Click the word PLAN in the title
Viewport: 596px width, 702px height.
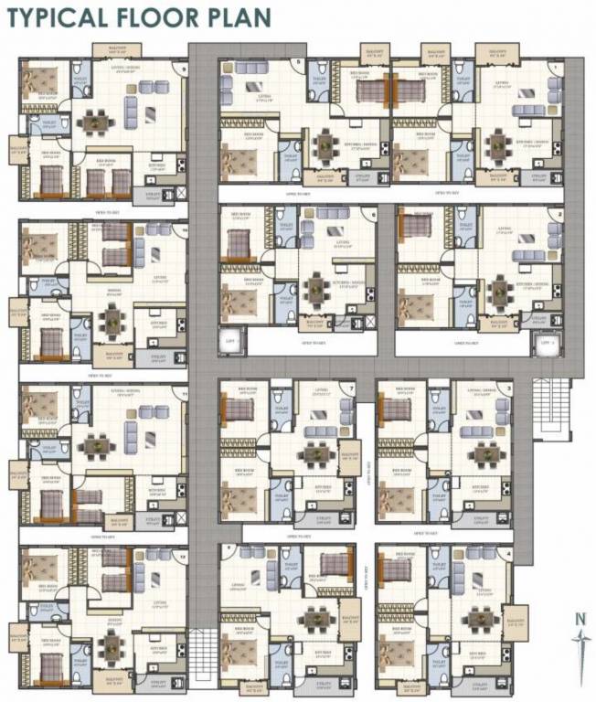pyautogui.click(x=240, y=18)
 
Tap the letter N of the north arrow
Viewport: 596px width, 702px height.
pyautogui.click(x=580, y=618)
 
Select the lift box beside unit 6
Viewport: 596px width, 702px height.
pyautogui.click(x=229, y=343)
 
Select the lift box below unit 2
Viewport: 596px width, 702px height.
pyautogui.click(x=548, y=344)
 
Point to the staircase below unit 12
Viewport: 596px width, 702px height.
pyautogui.click(x=203, y=654)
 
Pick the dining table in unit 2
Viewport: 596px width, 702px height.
pyautogui.click(x=498, y=292)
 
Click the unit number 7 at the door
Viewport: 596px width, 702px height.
pyautogui.click(x=351, y=388)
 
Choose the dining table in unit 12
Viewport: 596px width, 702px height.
pyautogui.click(x=111, y=646)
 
